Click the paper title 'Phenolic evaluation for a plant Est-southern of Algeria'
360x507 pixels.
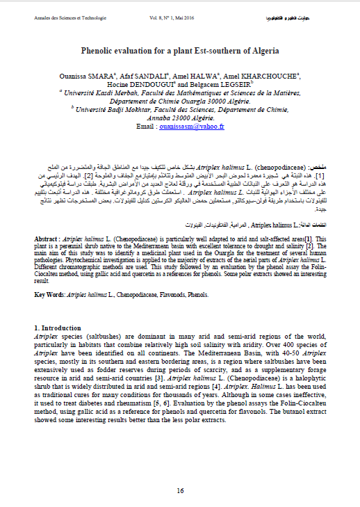[180, 51]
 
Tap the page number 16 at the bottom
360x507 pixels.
[180, 490]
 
